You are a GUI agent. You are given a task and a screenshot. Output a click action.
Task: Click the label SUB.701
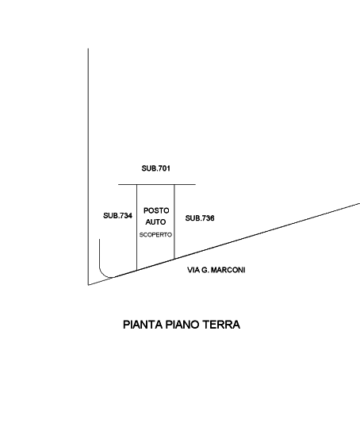[155, 168]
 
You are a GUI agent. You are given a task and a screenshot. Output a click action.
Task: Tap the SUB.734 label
[117, 216]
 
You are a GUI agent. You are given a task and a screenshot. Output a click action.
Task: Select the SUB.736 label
[200, 218]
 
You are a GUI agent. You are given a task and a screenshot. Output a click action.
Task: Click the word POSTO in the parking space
[156, 210]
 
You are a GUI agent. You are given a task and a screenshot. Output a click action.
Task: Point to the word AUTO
[155, 222]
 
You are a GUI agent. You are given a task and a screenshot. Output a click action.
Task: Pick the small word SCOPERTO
[155, 235]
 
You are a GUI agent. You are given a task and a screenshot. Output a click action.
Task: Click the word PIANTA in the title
[143, 325]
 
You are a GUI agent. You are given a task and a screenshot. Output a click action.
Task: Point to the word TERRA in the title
[221, 325]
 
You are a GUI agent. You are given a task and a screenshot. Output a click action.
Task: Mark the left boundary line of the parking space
[136, 227]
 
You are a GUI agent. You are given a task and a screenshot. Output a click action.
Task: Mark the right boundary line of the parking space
[174, 221]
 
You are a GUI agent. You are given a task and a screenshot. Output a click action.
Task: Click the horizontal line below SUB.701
[157, 184]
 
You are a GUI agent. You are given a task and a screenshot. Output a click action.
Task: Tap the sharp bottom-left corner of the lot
[88, 285]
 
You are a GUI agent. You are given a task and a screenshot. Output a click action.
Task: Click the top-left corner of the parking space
[136, 184]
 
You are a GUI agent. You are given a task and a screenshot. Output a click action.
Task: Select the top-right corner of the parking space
[174, 184]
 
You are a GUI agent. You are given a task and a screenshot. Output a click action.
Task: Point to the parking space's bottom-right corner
[174, 259]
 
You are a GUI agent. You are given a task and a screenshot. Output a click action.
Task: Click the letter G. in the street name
[205, 270]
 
